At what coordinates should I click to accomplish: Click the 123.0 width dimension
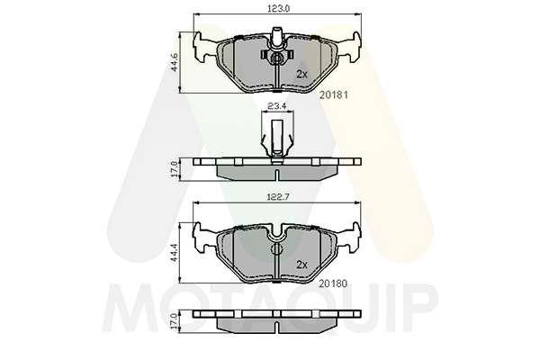point(279,8)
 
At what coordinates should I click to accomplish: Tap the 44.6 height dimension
point(175,62)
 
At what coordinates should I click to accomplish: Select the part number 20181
point(334,94)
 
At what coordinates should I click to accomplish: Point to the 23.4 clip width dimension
point(277,106)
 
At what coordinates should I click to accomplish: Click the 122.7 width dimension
point(278,197)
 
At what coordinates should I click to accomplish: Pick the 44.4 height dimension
point(175,252)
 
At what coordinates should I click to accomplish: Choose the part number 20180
point(333,283)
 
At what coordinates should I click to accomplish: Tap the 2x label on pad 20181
point(301,74)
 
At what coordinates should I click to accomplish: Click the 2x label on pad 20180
point(301,265)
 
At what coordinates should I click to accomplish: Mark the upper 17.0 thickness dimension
point(175,169)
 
